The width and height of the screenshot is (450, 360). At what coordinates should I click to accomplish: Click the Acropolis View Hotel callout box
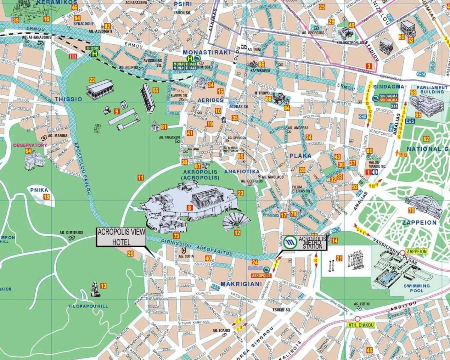coord(121,237)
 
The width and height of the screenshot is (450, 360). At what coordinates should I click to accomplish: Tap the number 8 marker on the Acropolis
coord(190,207)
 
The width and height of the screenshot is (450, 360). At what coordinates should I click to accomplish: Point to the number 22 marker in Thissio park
coord(92,79)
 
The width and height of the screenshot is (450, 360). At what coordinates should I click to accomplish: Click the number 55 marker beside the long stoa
coord(155,90)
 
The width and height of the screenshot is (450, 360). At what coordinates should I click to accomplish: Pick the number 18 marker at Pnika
coord(46,197)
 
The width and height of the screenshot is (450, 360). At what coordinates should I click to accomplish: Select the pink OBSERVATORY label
coord(30,145)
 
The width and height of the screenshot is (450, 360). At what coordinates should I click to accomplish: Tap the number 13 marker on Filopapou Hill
coord(103,286)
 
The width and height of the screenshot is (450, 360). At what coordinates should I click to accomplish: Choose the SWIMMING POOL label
coord(417,288)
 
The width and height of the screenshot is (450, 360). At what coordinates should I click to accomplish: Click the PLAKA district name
coord(300,156)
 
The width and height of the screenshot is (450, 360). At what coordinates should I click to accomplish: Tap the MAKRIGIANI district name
coord(241,284)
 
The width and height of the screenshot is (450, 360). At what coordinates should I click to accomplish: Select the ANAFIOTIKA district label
coord(242,171)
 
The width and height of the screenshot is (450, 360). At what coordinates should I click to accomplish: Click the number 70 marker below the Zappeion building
coord(411,210)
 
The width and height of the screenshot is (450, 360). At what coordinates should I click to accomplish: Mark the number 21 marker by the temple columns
coord(339,258)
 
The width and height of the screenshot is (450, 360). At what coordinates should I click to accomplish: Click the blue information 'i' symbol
coord(375,172)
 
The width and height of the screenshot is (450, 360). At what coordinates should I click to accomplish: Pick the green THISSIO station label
coord(93,48)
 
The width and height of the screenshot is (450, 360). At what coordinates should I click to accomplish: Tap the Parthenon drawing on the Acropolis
coord(206,196)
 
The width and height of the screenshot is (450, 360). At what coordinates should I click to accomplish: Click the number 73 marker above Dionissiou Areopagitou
coord(176,236)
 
